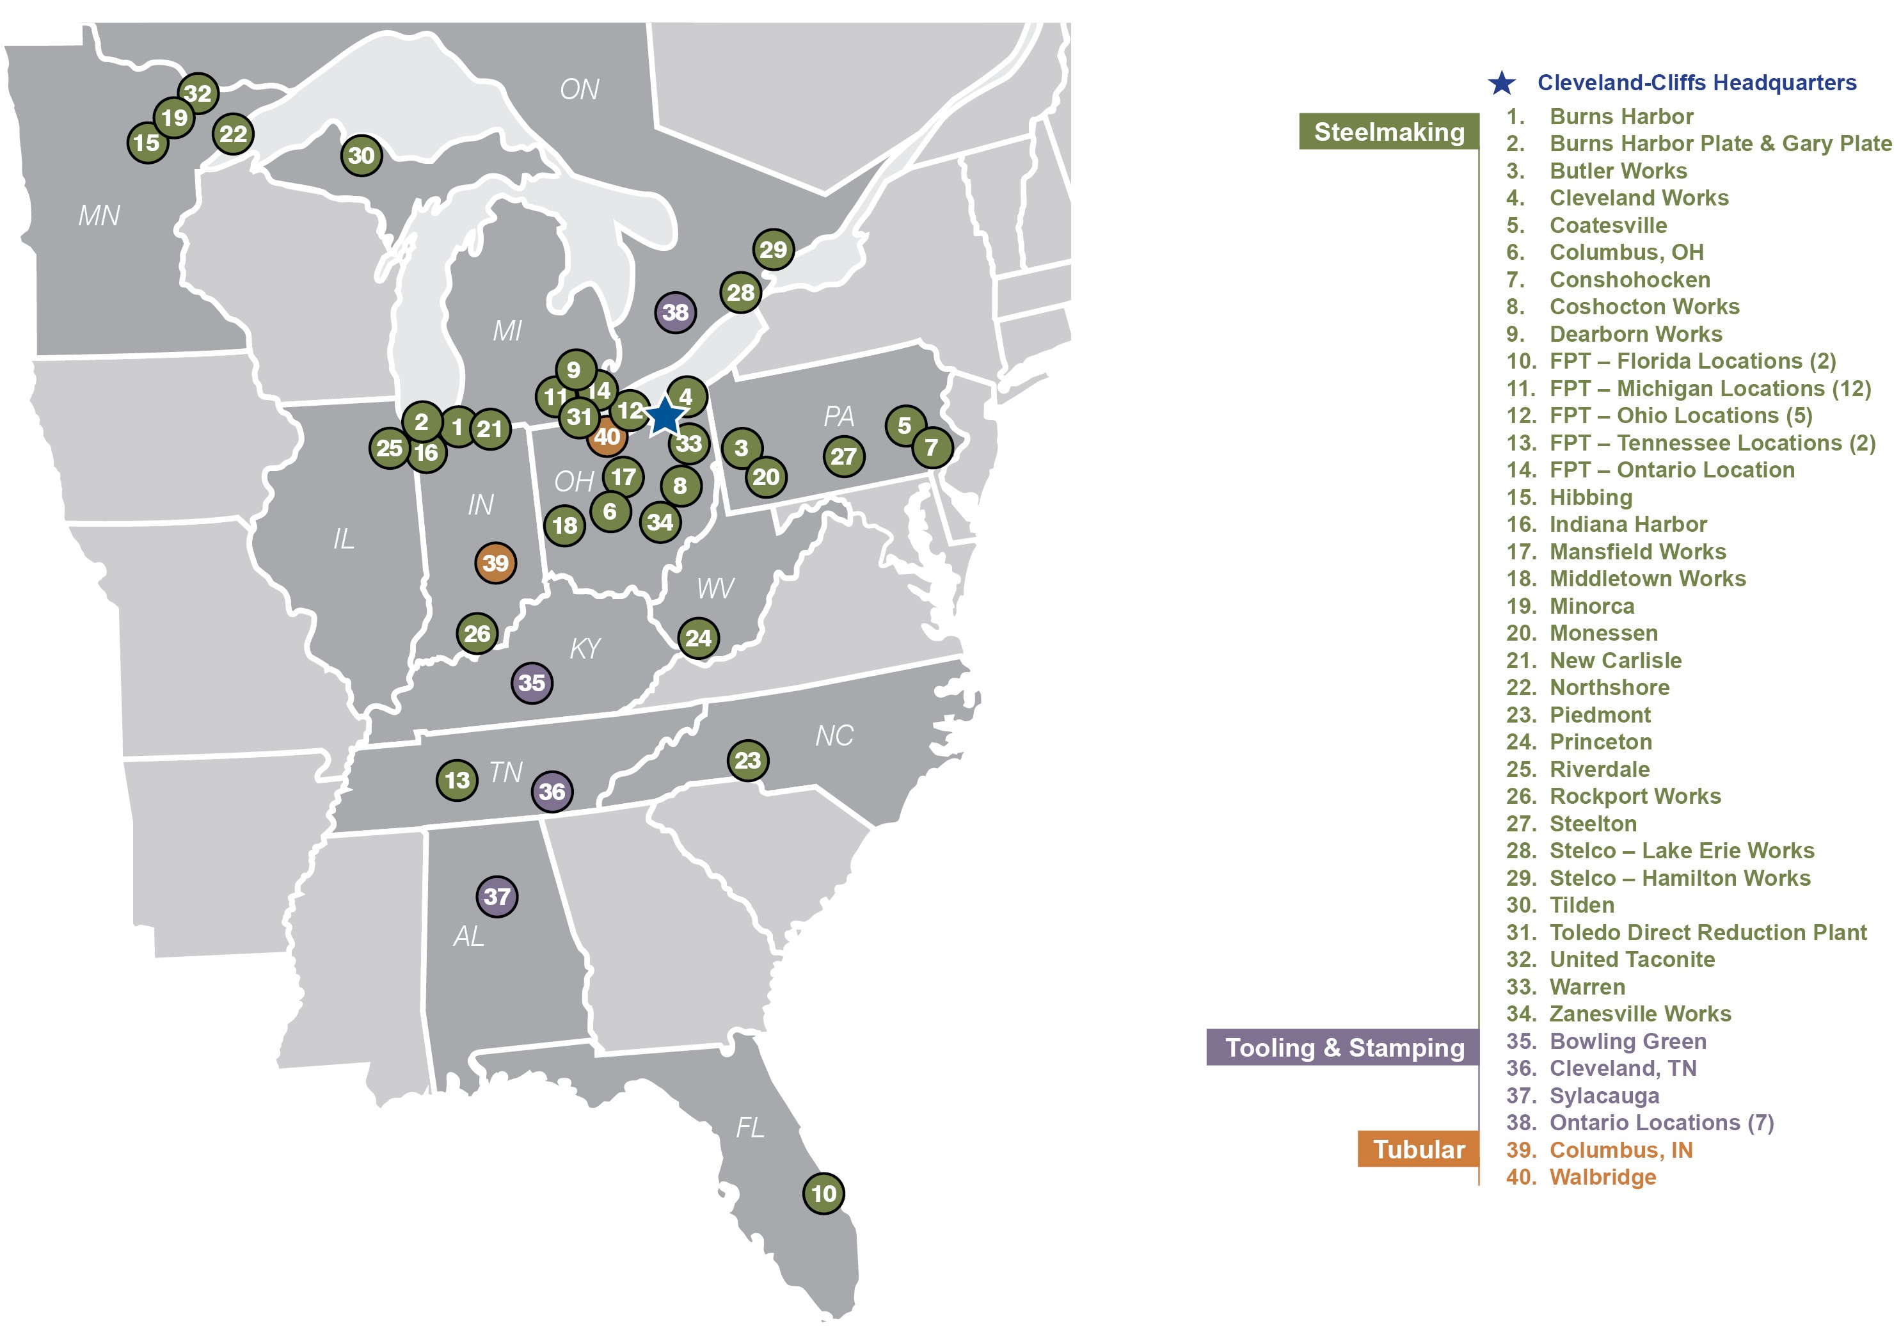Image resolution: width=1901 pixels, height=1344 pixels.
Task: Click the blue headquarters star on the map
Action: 665,416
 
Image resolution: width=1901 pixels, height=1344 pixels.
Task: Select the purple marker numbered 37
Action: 497,896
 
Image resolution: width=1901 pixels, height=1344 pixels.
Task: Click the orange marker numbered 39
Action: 495,563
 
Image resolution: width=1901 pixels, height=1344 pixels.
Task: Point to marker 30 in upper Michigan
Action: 361,155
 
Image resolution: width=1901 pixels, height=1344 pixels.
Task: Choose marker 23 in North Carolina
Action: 747,760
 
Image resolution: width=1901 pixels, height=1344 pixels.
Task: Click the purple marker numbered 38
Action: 675,312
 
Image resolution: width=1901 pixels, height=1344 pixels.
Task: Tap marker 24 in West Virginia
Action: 698,637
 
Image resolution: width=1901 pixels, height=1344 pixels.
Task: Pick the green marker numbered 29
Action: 772,249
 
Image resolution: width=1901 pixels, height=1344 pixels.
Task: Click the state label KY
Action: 585,648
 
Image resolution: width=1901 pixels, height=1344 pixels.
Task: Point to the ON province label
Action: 578,90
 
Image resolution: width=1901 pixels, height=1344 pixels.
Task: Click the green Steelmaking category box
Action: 1388,132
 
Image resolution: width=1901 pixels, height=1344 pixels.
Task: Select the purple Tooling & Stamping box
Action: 1342,1048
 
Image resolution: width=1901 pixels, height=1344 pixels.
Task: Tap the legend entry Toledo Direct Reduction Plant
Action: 1706,932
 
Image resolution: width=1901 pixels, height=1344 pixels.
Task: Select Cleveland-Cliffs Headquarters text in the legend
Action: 1696,83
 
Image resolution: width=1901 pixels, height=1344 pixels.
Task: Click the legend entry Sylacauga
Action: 1603,1096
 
